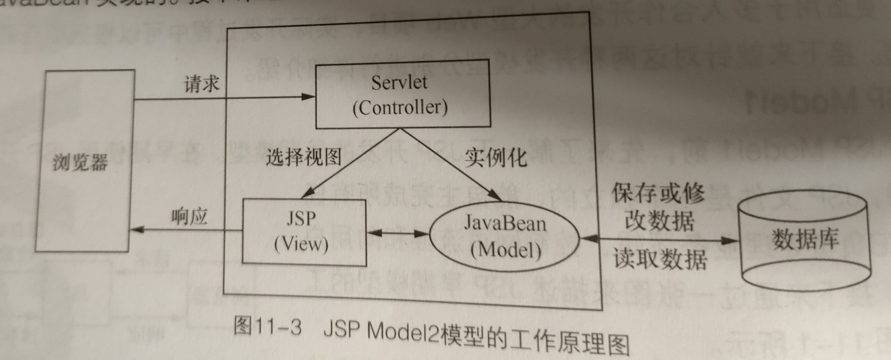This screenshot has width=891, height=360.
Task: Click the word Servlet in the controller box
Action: [x=399, y=83]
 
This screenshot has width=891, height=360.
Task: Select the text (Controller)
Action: [x=400, y=108]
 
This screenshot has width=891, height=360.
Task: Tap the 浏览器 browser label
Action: [x=80, y=162]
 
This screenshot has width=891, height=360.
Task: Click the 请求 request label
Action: [x=201, y=84]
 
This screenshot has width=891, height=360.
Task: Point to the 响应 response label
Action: [x=190, y=217]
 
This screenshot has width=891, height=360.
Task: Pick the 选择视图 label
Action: [x=304, y=157]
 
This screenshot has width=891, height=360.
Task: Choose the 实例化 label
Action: [x=495, y=158]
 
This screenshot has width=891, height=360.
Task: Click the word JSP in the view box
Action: [x=301, y=219]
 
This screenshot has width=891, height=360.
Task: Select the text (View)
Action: [x=301, y=244]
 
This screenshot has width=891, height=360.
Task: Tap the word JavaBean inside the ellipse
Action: [x=505, y=223]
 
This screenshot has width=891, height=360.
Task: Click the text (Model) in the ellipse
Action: [x=506, y=250]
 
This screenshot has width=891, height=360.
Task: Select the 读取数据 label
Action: [x=660, y=259]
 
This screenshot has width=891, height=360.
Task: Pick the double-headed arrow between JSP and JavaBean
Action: [x=398, y=234]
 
